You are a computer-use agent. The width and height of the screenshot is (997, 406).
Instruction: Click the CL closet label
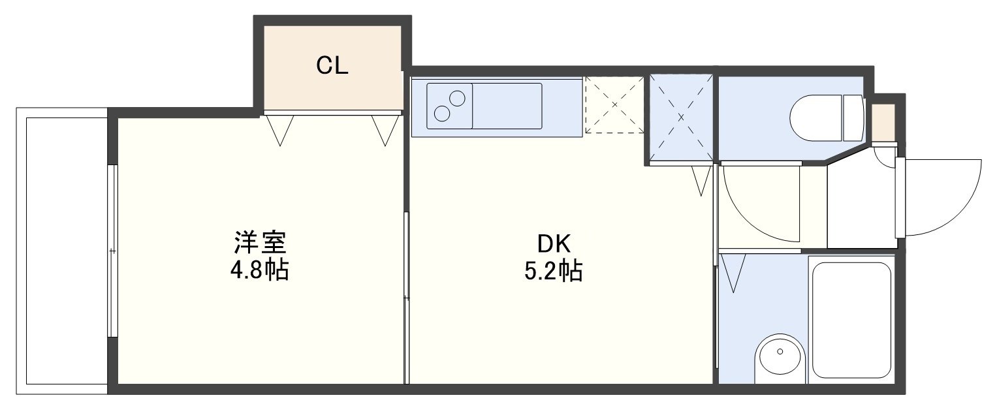332,66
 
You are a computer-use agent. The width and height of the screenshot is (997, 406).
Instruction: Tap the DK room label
553,243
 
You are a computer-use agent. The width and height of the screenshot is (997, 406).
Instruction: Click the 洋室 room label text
260,243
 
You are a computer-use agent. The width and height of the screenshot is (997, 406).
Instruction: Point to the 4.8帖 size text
259,270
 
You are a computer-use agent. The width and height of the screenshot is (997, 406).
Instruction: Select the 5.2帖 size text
553,271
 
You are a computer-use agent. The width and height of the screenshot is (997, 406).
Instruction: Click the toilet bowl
817,118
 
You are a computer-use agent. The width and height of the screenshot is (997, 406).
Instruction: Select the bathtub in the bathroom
851,320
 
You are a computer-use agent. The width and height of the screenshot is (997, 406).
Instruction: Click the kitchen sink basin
507,106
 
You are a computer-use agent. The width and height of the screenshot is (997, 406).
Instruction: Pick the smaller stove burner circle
457,98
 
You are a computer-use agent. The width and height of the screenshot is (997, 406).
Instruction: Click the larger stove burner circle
442,114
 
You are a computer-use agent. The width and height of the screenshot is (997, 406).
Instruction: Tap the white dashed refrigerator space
614,104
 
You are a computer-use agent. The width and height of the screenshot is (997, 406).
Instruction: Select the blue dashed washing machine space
681,117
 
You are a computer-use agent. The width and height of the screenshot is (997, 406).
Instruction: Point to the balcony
61,251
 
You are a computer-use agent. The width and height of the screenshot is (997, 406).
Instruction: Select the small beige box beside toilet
883,123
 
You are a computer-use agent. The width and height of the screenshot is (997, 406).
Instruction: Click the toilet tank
853,118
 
